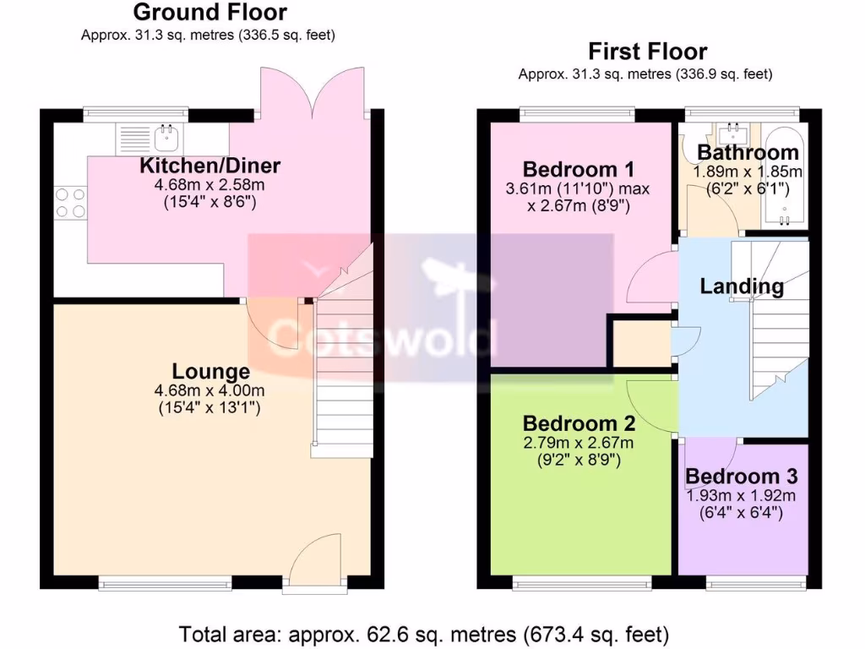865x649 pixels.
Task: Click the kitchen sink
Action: point(168,134)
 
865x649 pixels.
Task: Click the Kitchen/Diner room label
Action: point(209,165)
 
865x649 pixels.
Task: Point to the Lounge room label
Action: point(210,371)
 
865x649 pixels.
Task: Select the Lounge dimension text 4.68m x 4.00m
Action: point(210,390)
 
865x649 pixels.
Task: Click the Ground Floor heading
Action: point(209,13)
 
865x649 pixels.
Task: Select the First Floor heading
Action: point(647,52)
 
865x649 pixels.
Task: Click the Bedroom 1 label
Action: point(578,168)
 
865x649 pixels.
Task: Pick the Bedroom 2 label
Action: point(578,423)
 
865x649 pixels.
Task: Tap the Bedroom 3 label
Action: point(741,477)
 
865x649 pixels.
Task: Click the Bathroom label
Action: point(748,153)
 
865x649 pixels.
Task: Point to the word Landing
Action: point(742,286)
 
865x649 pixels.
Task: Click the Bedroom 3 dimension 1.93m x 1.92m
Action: point(741,495)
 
